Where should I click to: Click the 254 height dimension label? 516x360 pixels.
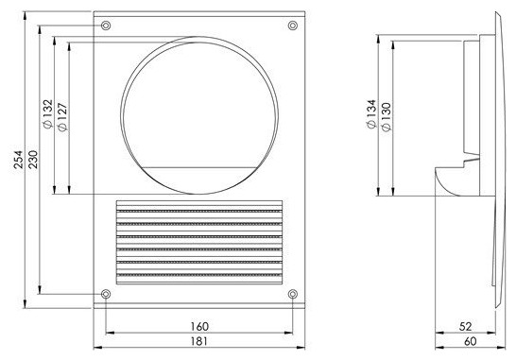19,160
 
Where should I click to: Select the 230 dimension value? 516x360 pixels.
33,160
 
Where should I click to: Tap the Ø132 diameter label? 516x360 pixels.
47,113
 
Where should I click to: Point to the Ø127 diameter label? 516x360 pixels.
62,117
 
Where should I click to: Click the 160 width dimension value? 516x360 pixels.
199,327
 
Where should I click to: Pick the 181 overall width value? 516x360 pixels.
199,341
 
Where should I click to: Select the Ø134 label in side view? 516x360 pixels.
371,113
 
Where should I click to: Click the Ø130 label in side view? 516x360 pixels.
387,117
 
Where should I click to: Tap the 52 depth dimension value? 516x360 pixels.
465,326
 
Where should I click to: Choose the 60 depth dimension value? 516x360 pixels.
471,341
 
